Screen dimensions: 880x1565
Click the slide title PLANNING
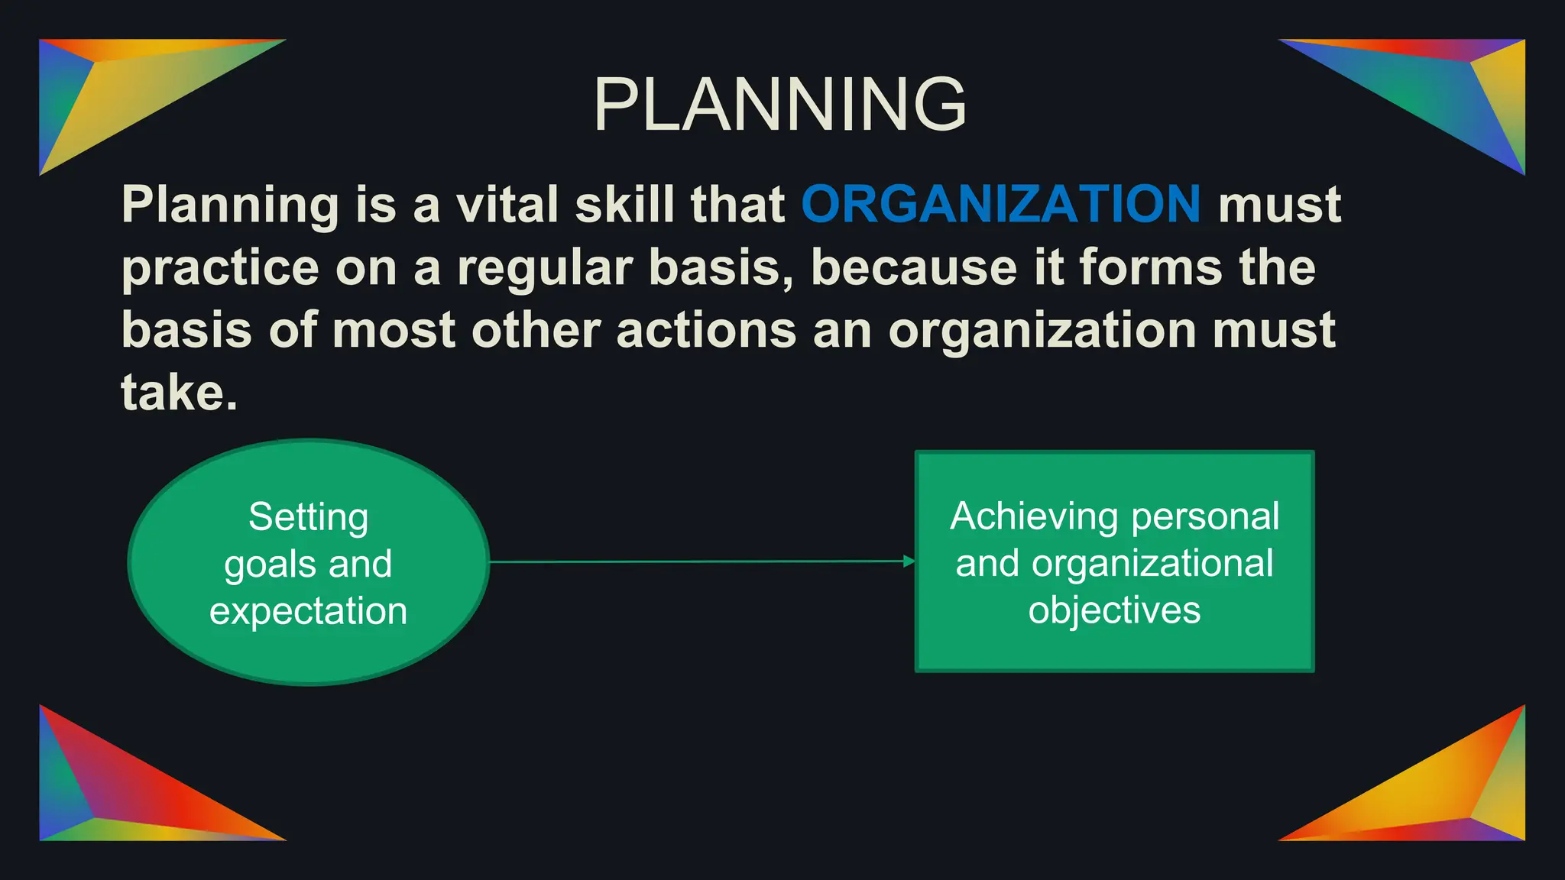tap(779, 105)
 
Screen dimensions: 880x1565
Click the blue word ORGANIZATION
tap(1000, 205)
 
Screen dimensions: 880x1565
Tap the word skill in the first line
tap(624, 205)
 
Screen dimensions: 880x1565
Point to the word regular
tap(544, 268)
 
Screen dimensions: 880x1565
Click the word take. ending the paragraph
tap(180, 393)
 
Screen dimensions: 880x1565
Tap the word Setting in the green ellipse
tap(309, 517)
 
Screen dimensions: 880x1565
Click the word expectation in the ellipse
tap(309, 611)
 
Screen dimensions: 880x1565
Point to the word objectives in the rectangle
tap(1114, 610)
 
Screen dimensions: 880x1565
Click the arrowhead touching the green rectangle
tap(909, 561)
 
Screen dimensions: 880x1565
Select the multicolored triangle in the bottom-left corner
tap(115, 794)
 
